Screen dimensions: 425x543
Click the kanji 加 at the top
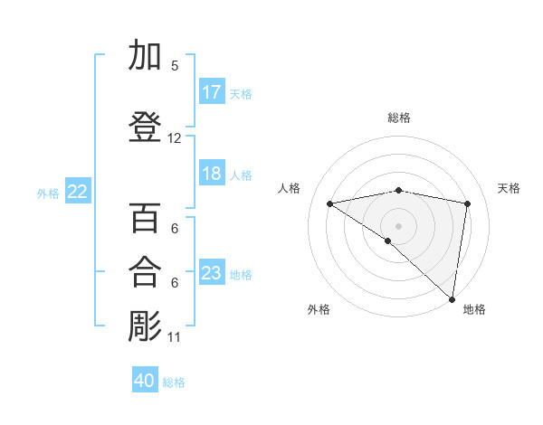(x=145, y=56)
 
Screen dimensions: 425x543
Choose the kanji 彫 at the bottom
(x=145, y=326)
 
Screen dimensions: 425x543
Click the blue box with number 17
(x=212, y=92)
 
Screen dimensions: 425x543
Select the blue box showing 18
(x=212, y=174)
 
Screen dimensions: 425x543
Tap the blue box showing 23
(x=212, y=273)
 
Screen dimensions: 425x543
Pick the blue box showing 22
(x=78, y=192)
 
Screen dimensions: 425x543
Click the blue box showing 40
(x=145, y=381)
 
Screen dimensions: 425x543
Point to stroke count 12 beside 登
(x=175, y=138)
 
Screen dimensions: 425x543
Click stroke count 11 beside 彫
(x=175, y=337)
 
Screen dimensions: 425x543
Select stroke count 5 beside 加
(x=175, y=65)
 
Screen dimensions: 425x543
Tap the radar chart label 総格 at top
(x=399, y=118)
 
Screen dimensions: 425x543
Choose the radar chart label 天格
(x=509, y=188)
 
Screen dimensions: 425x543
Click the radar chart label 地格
(x=474, y=310)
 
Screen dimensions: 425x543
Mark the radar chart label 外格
(x=319, y=310)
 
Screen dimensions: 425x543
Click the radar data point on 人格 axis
(x=330, y=203)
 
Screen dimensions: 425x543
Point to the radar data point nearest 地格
(x=452, y=299)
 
